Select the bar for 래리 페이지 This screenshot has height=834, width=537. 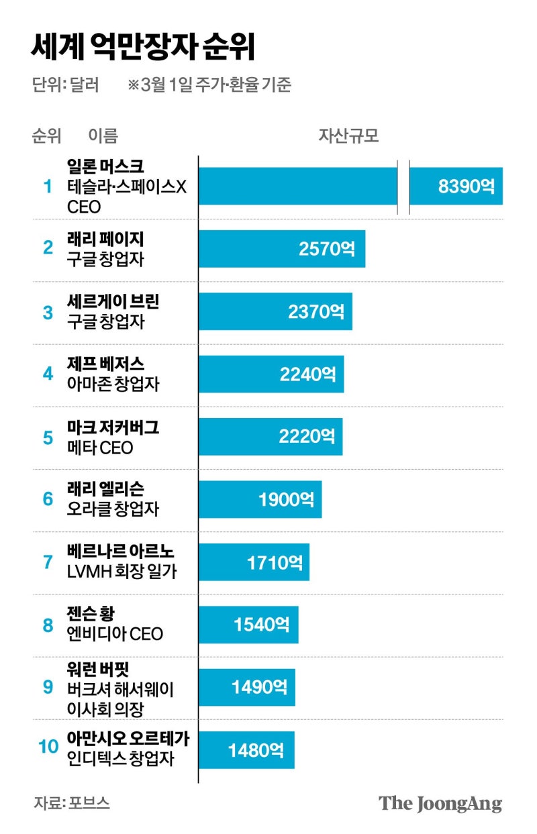tap(282, 249)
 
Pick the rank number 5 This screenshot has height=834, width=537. tap(48, 437)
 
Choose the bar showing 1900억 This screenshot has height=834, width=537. tap(260, 499)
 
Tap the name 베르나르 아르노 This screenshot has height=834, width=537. tap(121, 552)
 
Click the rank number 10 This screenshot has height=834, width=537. tap(48, 747)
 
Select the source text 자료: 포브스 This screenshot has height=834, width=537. tap(71, 802)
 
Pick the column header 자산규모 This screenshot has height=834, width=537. tap(348, 136)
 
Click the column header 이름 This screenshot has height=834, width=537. tap(103, 136)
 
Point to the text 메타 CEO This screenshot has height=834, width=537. tap(100, 448)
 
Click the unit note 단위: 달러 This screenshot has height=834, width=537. tap(65, 85)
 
